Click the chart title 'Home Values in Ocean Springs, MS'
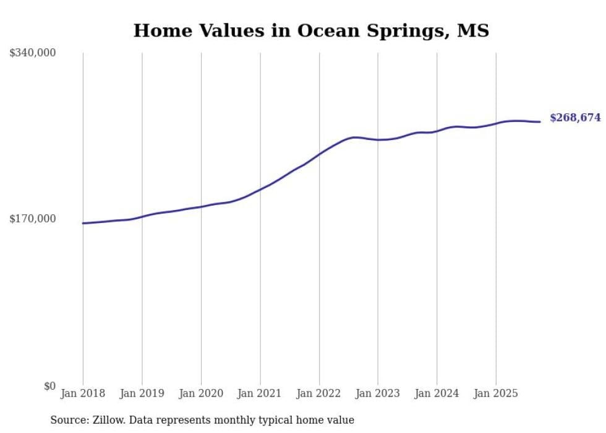click(311, 30)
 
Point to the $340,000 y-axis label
click(32, 53)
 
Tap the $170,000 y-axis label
click(32, 219)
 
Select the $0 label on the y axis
click(49, 386)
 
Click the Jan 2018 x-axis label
click(83, 393)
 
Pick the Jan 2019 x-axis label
click(142, 393)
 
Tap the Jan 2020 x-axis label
click(201, 393)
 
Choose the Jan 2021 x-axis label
click(260, 393)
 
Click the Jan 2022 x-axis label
click(319, 393)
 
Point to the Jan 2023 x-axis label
click(378, 393)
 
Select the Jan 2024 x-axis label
click(437, 393)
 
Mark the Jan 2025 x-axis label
click(495, 393)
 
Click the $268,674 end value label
click(575, 118)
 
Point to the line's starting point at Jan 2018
click(83, 223)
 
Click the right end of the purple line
click(540, 121)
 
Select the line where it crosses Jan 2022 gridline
click(319, 153)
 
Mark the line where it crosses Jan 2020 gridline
click(201, 206)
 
